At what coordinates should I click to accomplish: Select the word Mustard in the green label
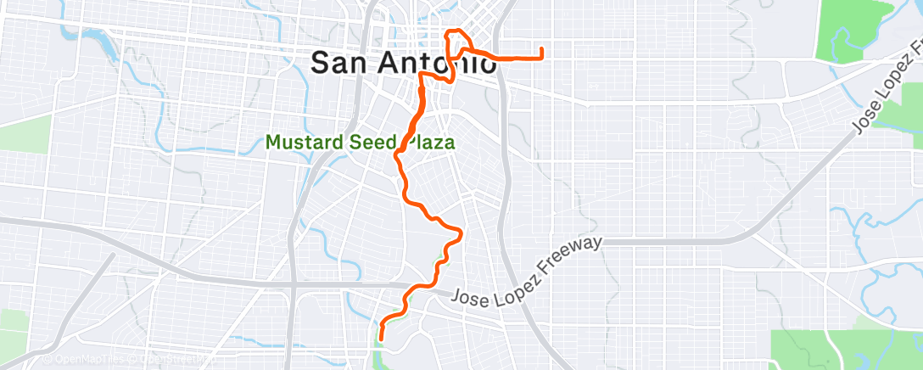[300, 142]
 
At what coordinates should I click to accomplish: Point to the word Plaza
[428, 142]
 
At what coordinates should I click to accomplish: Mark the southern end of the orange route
[381, 339]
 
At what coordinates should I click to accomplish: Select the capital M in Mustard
[273, 142]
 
